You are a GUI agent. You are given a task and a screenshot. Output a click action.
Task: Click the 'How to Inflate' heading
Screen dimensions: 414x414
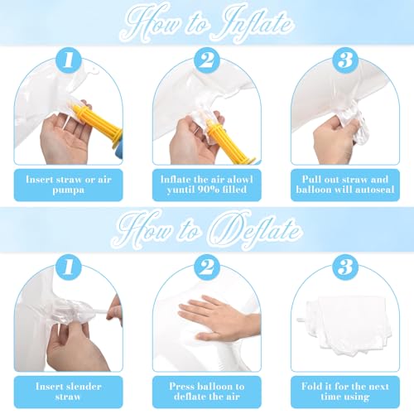point(207,23)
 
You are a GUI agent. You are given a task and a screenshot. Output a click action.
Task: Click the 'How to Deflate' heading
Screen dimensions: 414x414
point(207,230)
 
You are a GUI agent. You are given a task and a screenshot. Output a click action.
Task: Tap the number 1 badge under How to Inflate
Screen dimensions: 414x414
point(69,60)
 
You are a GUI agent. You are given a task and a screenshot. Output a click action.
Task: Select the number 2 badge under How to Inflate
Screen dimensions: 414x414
point(207,60)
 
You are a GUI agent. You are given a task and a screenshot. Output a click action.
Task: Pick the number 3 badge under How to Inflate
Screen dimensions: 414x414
point(345,60)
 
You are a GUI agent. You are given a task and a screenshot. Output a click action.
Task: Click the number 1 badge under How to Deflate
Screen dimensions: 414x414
point(69,267)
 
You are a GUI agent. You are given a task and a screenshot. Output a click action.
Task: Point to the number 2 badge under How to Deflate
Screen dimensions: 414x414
point(207,267)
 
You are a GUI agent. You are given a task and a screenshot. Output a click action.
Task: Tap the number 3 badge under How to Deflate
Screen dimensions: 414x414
point(345,267)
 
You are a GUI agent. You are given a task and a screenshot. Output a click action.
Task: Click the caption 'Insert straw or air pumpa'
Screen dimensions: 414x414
point(69,185)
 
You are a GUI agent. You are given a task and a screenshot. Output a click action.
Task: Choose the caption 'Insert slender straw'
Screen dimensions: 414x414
point(69,392)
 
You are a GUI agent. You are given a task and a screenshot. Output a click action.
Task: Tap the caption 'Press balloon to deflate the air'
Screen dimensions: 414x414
point(207,392)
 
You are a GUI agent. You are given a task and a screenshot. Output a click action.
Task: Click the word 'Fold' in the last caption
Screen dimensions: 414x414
point(311,387)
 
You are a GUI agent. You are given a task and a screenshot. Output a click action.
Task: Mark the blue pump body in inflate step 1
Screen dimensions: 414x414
point(118,147)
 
